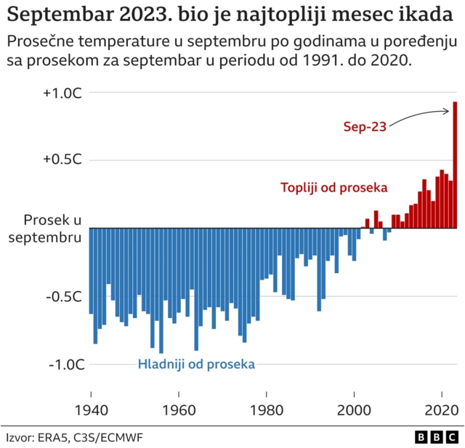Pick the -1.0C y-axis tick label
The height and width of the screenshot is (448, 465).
click(66, 364)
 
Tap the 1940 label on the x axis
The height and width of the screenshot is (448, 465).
click(90, 407)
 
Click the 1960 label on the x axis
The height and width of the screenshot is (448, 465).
click(179, 407)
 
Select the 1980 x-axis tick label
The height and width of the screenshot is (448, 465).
click(267, 407)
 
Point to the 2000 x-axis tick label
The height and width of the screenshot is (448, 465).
click(355, 407)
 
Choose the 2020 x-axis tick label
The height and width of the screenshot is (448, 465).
click(442, 407)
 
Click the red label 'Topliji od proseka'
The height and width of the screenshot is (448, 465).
click(334, 187)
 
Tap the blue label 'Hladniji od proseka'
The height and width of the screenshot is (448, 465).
click(196, 364)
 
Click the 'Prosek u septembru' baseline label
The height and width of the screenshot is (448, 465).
click(51, 228)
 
